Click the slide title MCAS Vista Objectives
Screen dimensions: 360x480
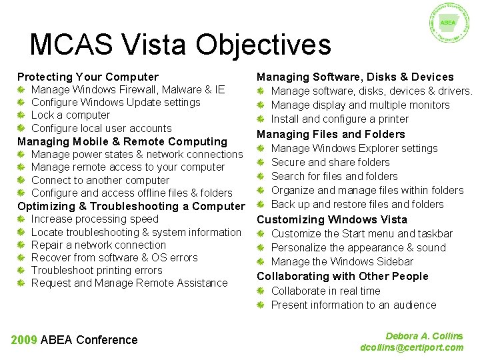tap(180, 45)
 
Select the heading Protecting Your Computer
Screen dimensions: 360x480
tap(88, 77)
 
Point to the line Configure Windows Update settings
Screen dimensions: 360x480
tap(115, 103)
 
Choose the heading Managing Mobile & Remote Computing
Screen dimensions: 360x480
tap(122, 141)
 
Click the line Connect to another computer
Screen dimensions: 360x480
tap(100, 180)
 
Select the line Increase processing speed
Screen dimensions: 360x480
tap(95, 219)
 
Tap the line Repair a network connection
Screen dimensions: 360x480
tap(98, 245)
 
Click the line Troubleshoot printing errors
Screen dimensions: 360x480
tap(97, 271)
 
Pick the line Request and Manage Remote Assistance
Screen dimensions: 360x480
tap(129, 283)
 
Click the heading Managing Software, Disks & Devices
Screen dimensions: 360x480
tap(355, 77)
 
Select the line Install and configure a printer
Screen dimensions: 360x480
tap(339, 119)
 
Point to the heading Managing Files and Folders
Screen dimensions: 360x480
tap(331, 134)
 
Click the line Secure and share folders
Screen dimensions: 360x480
tap(330, 162)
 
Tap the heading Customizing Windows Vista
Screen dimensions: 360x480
tap(331, 219)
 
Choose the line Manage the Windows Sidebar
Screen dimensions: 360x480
tap(342, 262)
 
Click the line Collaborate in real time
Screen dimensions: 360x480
tap(325, 291)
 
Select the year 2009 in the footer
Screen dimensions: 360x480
tap(24, 340)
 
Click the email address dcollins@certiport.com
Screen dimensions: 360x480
tap(411, 347)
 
